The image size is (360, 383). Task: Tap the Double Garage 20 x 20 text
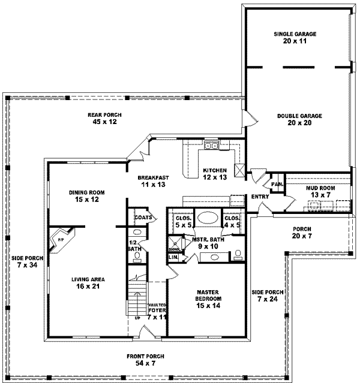tap(299, 119)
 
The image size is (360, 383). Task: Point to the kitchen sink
tap(211, 146)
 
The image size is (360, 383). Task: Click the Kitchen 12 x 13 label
tap(214, 174)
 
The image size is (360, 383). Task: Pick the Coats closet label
tap(142, 218)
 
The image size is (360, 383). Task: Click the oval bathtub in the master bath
tap(208, 218)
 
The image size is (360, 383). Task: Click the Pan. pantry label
tap(277, 184)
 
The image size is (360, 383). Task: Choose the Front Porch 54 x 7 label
tap(142, 360)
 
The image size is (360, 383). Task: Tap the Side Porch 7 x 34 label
tap(25, 262)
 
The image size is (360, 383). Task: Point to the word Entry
tap(260, 197)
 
